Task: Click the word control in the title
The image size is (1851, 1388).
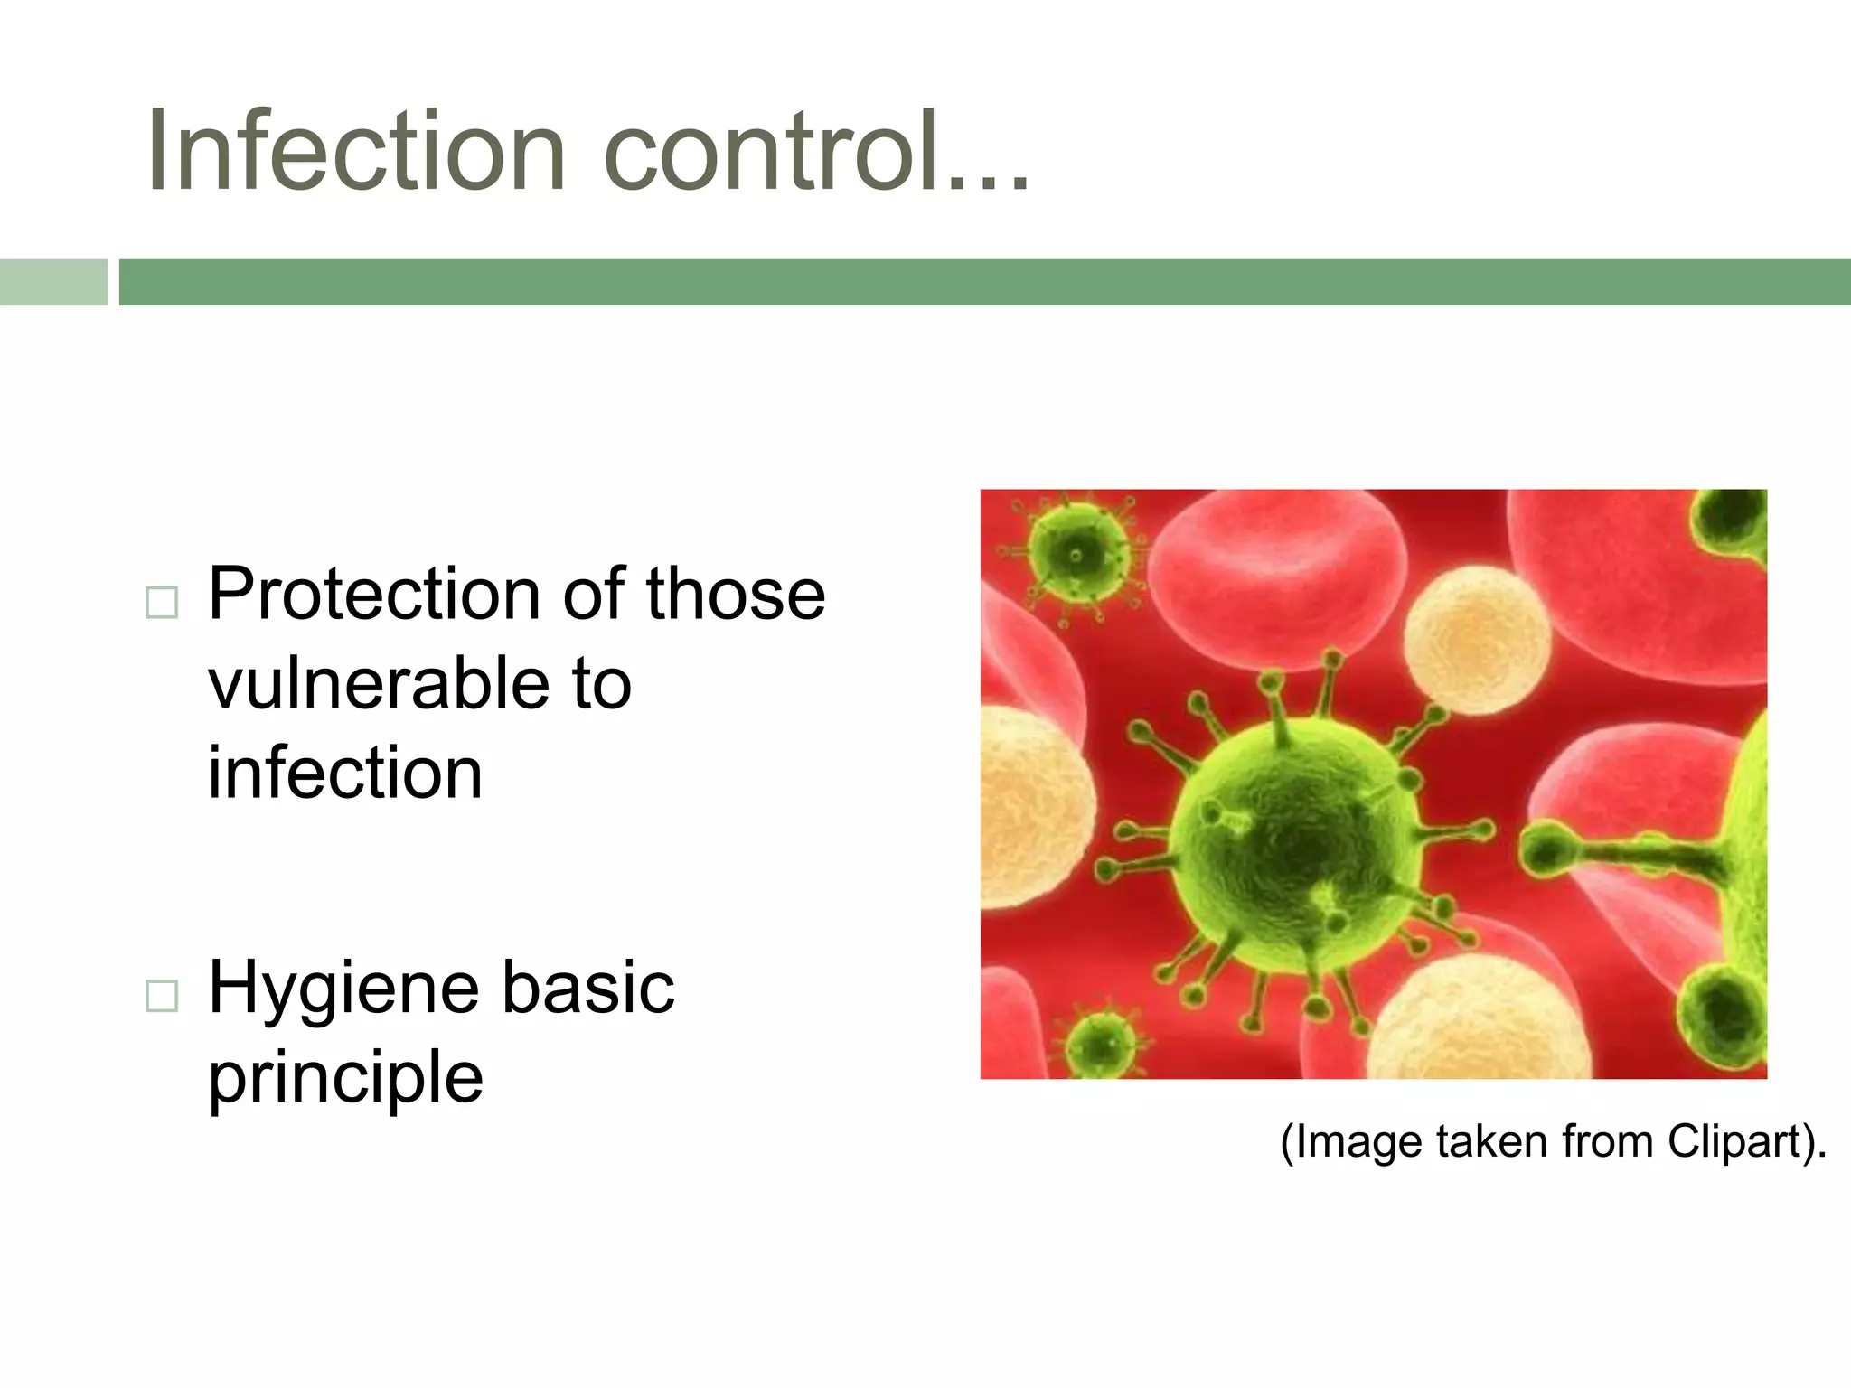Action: click(768, 152)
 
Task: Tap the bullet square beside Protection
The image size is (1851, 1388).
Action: click(162, 602)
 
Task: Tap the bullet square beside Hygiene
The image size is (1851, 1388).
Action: click(162, 996)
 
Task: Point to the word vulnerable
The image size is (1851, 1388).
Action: click(375, 684)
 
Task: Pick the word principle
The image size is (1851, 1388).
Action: click(345, 1077)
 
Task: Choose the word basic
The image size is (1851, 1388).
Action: click(587, 988)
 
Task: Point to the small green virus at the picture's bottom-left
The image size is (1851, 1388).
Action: click(1100, 1044)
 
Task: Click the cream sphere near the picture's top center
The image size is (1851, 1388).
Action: click(1476, 639)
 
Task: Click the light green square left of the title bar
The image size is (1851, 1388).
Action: click(53, 282)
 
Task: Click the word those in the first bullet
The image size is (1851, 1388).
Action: click(735, 595)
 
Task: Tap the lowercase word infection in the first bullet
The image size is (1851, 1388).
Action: click(345, 774)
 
